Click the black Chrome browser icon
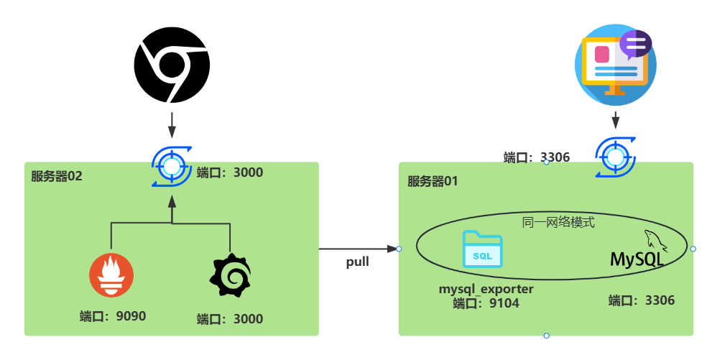[x=172, y=65]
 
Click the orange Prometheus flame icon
[x=111, y=274]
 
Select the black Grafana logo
[x=230, y=275]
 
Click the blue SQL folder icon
[x=482, y=249]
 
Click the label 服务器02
[x=57, y=176]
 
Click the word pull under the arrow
[x=357, y=262]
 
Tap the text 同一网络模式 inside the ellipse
[x=558, y=222]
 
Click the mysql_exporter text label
[x=486, y=290]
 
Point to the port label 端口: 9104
[x=486, y=303]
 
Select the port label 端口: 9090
[x=113, y=315]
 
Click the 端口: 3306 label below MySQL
[x=642, y=300]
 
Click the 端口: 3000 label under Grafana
[x=230, y=318]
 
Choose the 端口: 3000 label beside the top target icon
[x=230, y=172]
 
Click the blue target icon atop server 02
[x=171, y=167]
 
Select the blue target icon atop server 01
[x=615, y=156]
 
